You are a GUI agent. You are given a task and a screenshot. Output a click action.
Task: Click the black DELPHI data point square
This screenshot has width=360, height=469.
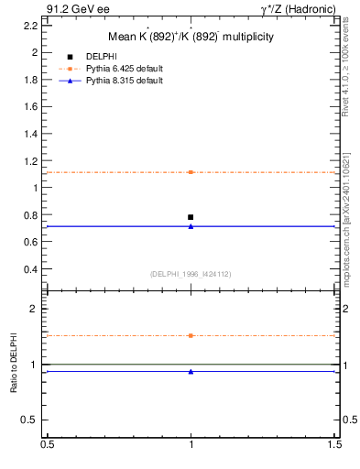click(191, 217)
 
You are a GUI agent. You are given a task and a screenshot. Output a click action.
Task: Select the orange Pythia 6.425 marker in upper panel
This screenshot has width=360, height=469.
click(191, 172)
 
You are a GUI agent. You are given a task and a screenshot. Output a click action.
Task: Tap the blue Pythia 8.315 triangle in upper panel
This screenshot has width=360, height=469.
click(191, 225)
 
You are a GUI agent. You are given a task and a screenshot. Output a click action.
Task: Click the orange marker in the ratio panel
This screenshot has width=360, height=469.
click(191, 335)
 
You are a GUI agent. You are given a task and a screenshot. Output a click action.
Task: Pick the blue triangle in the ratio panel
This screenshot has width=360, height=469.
click(191, 371)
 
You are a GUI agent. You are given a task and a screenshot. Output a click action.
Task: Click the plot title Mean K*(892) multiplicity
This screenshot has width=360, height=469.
click(190, 37)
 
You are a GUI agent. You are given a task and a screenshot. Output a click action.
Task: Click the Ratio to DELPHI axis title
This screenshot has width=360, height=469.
click(14, 364)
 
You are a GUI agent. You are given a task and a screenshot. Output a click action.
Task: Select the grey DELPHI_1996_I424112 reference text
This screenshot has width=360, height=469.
click(190, 274)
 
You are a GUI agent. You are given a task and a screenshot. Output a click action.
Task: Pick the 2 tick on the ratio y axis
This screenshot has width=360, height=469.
click(34, 309)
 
